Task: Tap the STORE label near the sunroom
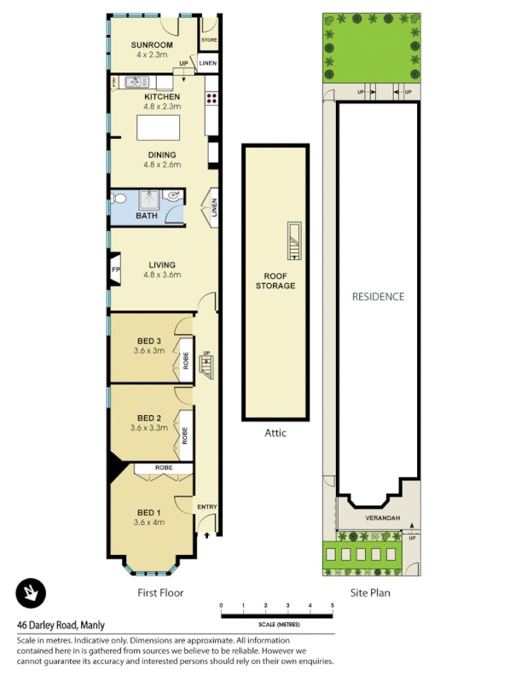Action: (209, 40)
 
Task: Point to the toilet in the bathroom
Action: (120, 199)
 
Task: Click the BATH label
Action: (147, 216)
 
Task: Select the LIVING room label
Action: (162, 264)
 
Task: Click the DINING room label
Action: (162, 155)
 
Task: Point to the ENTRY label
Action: (207, 507)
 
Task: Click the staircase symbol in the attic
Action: (292, 240)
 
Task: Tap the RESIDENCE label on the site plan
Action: (379, 297)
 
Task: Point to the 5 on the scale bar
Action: (333, 605)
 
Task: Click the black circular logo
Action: (31, 592)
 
